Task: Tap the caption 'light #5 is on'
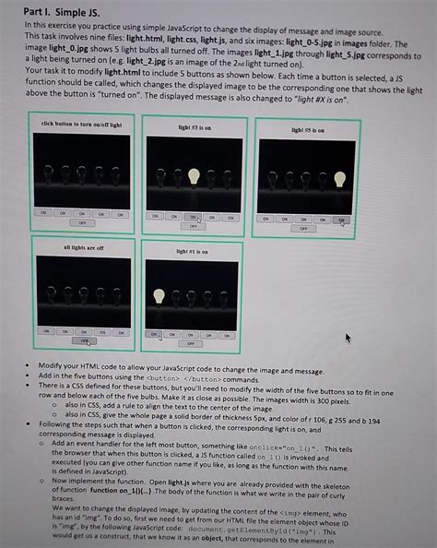pos(304,131)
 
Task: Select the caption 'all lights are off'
pos(83,247)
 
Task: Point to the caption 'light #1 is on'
pos(192,251)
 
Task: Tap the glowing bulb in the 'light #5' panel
pos(339,179)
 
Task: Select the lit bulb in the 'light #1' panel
pos(159,296)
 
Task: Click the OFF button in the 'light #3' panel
pos(194,225)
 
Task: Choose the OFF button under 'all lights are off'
pos(84,340)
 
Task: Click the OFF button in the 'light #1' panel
pos(190,343)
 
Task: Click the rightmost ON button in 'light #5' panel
pos(341,220)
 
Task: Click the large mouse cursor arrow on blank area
pos(348,339)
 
